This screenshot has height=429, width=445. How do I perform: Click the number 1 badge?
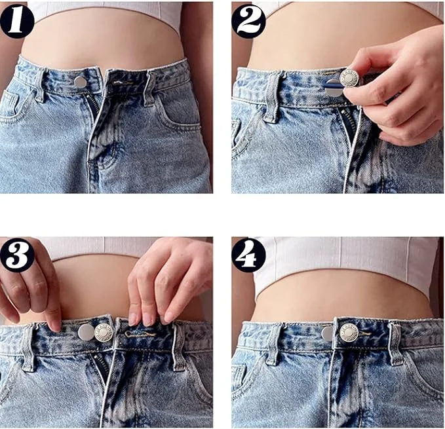click(17, 21)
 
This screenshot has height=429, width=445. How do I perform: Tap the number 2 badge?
click(248, 20)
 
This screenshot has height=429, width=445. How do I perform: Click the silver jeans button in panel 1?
click(80, 82)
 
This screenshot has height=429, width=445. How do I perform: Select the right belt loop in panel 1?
click(150, 88)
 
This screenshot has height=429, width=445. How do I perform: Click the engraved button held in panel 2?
click(350, 79)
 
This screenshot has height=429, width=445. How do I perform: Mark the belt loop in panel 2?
click(272, 96)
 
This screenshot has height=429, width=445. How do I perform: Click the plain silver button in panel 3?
click(86, 332)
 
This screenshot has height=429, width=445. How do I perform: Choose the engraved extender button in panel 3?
click(104, 332)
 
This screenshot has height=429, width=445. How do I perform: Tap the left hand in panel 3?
click(29, 278)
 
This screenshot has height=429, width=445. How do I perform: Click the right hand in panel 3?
click(167, 278)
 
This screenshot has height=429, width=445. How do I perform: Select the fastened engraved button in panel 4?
click(348, 333)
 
